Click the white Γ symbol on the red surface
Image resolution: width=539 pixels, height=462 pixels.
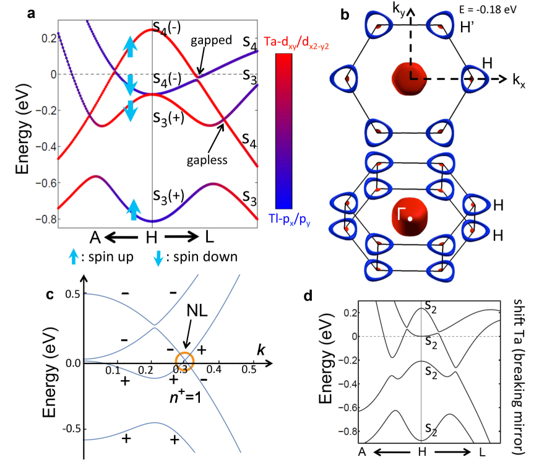(x=403, y=216)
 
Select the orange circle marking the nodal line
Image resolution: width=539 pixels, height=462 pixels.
(x=184, y=359)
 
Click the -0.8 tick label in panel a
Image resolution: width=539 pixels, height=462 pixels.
(x=44, y=219)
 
